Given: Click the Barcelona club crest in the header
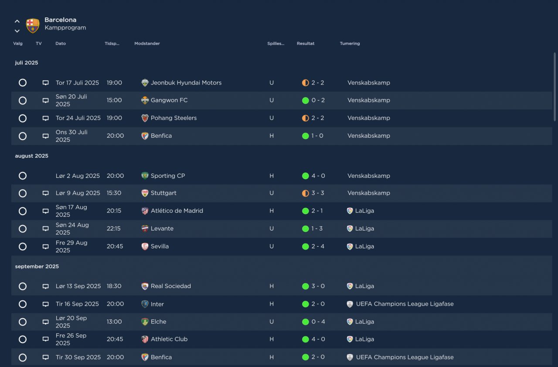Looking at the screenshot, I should [x=33, y=25].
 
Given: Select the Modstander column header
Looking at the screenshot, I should [x=147, y=44].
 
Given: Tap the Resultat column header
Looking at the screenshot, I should [x=305, y=44].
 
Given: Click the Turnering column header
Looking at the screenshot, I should [x=350, y=44].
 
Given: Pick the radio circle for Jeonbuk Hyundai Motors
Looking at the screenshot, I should [x=23, y=83].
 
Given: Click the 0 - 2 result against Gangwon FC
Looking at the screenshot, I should [x=318, y=100].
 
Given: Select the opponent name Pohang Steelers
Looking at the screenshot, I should [x=174, y=118].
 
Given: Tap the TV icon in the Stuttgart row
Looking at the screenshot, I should [x=45, y=193].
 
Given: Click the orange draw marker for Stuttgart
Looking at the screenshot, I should [x=305, y=193].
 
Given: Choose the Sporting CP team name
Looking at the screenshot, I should [x=167, y=176].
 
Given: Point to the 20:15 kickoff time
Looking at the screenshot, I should [x=114, y=211].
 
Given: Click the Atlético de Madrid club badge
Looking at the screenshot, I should [x=145, y=211].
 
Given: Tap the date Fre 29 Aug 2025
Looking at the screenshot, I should [x=71, y=246].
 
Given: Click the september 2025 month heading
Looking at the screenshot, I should [x=37, y=266].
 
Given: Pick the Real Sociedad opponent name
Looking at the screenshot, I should [x=170, y=286].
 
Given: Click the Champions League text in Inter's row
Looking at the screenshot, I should [x=405, y=304].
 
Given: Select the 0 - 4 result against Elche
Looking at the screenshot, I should [x=318, y=322].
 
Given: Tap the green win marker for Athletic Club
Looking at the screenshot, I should [x=305, y=339].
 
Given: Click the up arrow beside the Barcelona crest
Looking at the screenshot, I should [x=17, y=21].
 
